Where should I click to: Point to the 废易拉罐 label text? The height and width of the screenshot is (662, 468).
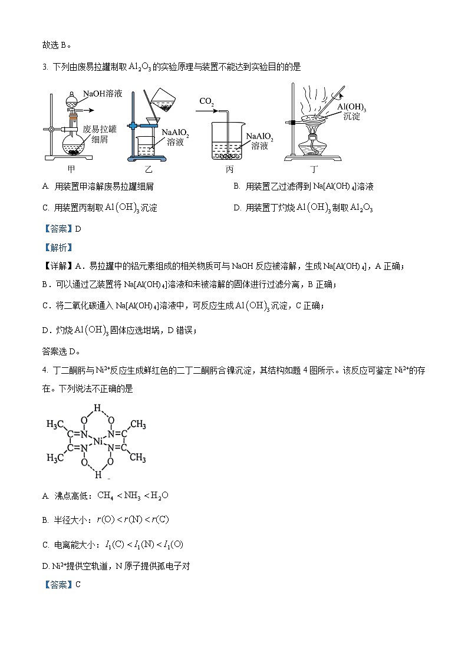[100, 129]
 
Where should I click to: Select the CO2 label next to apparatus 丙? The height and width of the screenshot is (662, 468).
[206, 101]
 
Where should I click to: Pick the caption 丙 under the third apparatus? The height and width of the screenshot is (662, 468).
[229, 169]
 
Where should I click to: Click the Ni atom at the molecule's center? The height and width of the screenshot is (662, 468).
[98, 441]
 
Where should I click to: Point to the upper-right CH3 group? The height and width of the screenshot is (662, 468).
[137, 424]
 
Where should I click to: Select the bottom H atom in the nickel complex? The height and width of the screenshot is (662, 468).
[98, 475]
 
